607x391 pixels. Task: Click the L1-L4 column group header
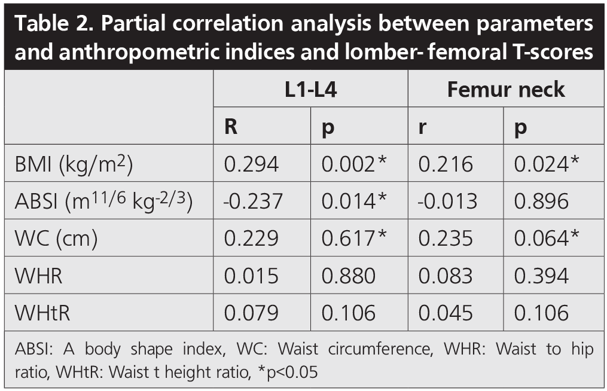310,90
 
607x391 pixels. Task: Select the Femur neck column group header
506,90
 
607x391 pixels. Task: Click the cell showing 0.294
251,164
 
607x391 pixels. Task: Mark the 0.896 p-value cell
541,201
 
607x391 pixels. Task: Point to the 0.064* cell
547,239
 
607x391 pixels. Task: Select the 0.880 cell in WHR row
349,276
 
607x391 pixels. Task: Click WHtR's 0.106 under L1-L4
349,313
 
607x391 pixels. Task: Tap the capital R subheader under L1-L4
231,127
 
